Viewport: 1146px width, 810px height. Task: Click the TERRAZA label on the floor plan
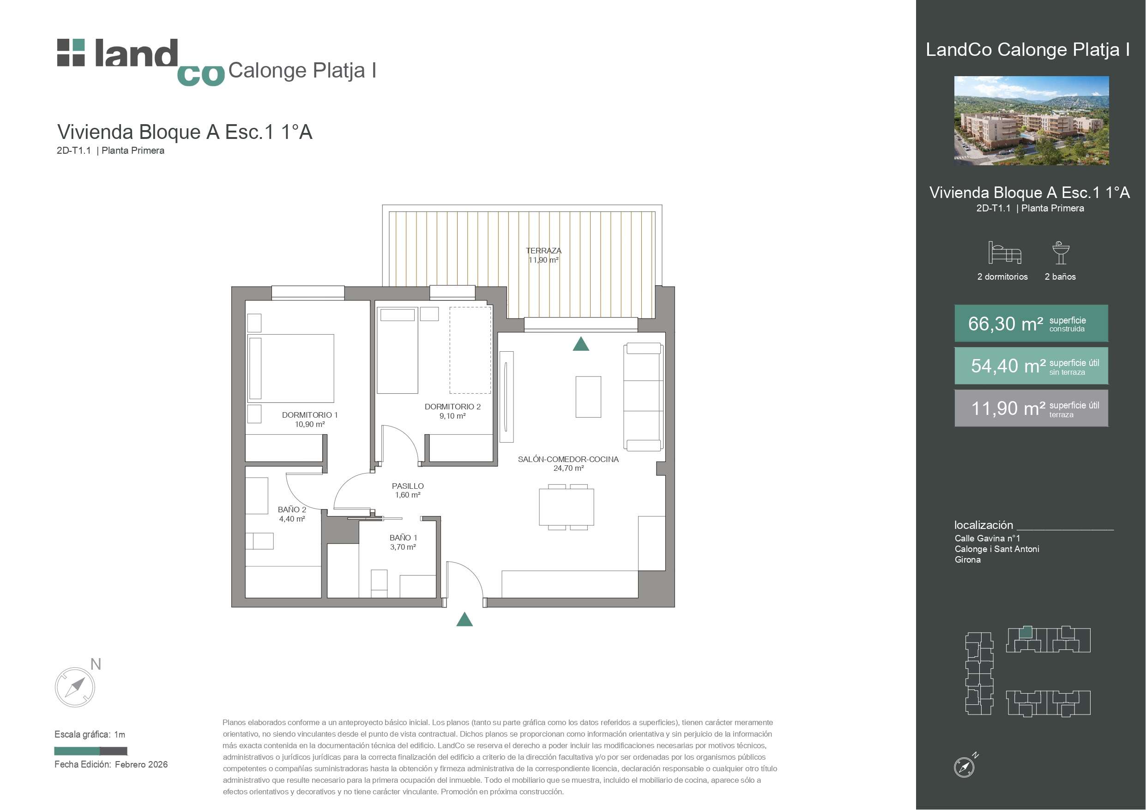(543, 251)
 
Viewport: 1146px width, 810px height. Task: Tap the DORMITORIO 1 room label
(309, 415)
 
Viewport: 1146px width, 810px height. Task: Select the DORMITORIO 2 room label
(452, 407)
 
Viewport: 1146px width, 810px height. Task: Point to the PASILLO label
(407, 486)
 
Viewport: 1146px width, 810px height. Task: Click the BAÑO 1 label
(403, 538)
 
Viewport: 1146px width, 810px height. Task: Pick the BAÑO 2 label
(291, 510)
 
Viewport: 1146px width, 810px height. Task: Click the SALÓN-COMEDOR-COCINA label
(568, 459)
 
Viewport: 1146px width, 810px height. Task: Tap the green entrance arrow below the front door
(464, 619)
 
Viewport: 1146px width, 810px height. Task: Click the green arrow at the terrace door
(580, 344)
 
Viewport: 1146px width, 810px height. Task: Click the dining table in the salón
(567, 507)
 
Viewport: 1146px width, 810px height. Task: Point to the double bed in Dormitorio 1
(291, 368)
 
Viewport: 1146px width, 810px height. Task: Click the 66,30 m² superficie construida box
(1031, 324)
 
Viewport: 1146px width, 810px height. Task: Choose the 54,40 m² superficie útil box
(1031, 366)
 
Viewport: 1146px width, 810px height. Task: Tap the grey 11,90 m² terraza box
(1031, 408)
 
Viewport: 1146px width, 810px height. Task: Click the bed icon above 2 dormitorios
(1004, 252)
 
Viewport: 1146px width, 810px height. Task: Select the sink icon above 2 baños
(1061, 252)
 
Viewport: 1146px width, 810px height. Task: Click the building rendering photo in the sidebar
(1031, 120)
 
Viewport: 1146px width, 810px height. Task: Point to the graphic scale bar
(90, 751)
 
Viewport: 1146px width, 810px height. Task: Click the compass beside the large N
(75, 687)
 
